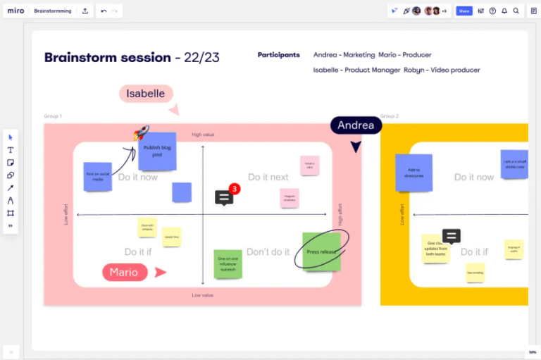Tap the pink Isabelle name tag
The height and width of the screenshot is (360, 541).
coord(146,94)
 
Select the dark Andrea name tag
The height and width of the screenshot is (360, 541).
coord(356,125)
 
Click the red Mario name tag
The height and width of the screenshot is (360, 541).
coord(125,272)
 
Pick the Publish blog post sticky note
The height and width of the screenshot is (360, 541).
coord(157,151)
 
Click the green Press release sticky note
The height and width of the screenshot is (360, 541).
coord(322,252)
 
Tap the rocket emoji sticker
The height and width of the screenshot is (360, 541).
coord(141,132)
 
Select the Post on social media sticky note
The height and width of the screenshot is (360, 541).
coord(97,176)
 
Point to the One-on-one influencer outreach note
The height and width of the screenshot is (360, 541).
coord(228,263)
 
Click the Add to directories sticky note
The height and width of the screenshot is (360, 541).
coord(413,173)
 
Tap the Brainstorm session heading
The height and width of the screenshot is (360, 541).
coord(108,58)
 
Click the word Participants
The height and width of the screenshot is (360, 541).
coord(278,55)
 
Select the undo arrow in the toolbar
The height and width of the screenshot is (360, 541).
coord(104,11)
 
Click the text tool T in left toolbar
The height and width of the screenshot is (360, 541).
coord(11,150)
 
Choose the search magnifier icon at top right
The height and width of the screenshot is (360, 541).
coord(516,11)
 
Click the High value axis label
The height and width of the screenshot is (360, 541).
coord(203,135)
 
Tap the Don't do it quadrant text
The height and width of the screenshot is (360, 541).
coord(268,252)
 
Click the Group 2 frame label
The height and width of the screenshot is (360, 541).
coord(390,116)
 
